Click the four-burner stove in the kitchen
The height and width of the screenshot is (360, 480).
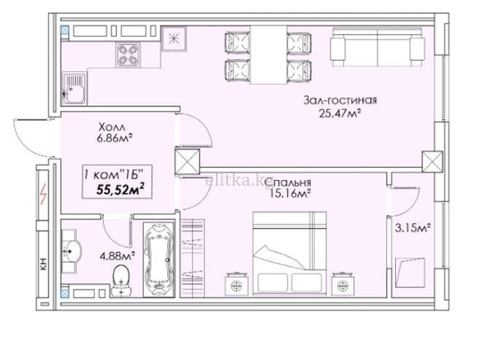tap(128, 54)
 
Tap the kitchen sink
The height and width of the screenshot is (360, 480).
tap(74, 89)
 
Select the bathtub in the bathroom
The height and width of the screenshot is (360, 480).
tap(158, 259)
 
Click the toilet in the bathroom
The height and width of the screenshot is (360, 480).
tap(122, 281)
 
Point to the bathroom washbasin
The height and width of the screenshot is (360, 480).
tap(72, 251)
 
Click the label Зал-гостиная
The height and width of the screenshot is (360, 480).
tap(340, 101)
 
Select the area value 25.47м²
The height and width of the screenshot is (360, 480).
tap(339, 114)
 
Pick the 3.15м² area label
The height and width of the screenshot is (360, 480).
tap(413, 228)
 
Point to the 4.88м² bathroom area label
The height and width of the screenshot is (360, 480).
tap(118, 256)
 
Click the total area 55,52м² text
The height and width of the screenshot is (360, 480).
tap(120, 190)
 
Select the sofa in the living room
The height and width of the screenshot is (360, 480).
tap(378, 46)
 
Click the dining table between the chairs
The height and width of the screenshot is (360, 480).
tap(269, 54)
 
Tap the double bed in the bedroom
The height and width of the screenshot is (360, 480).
tap(290, 253)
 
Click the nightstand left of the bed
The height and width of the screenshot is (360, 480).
tap(236, 284)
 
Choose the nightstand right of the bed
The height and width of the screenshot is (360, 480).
tap(343, 284)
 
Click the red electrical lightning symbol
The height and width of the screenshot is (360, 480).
tap(43, 194)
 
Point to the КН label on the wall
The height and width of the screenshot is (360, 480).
tap(43, 264)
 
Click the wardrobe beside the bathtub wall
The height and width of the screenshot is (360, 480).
tap(193, 258)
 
